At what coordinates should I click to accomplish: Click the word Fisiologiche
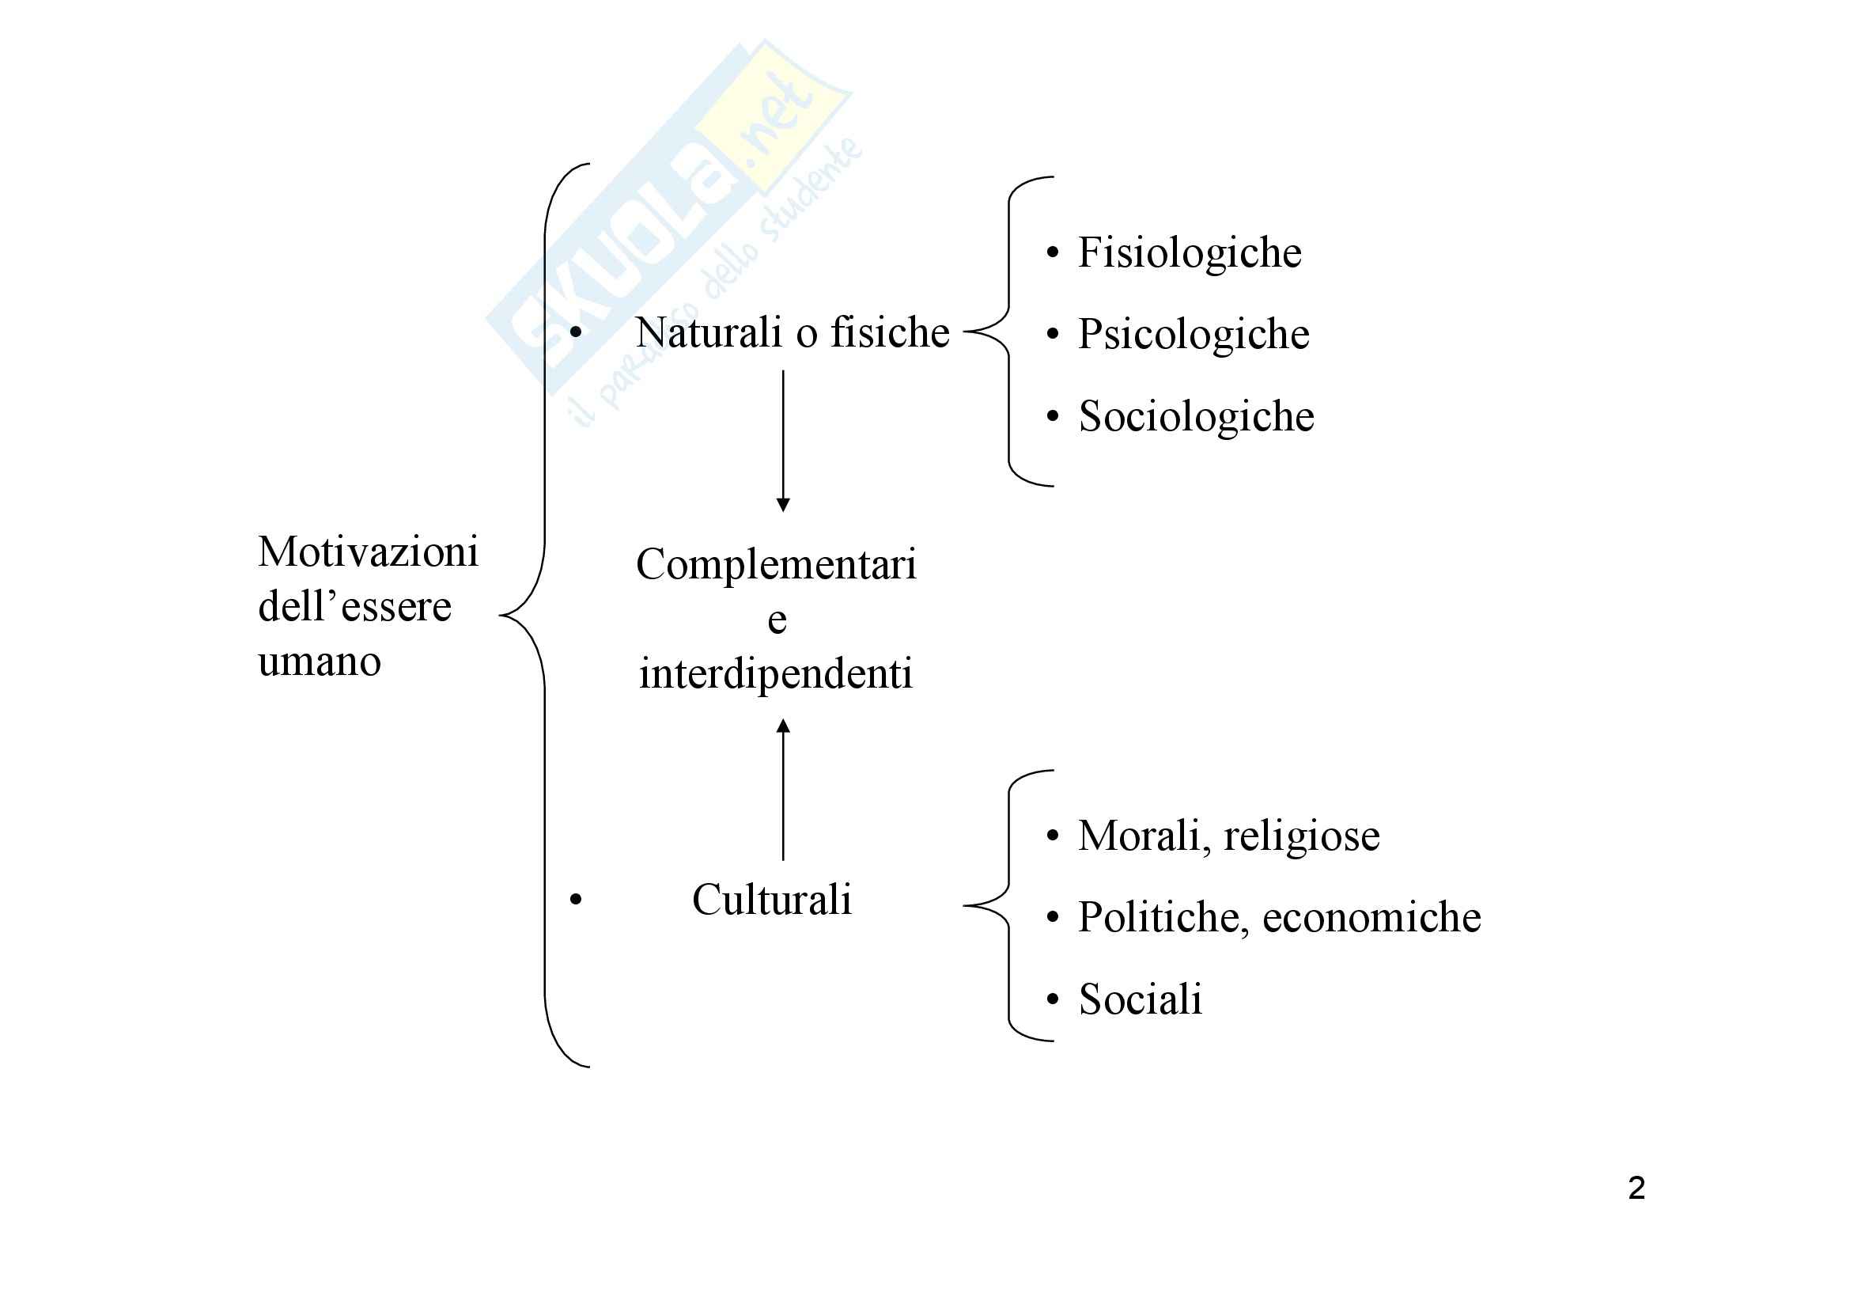point(1190,253)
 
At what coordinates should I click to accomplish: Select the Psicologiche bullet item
point(1194,336)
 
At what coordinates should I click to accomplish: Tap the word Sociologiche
point(1196,418)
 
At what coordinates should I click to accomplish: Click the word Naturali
point(709,332)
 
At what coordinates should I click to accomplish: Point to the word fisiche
point(891,332)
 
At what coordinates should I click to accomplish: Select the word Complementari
point(776,565)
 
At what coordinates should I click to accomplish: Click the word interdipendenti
point(776,673)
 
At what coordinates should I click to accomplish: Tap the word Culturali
point(771,900)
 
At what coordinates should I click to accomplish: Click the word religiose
point(1301,836)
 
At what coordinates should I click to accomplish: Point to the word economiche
point(1371,918)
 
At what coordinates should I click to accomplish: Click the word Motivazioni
point(369,553)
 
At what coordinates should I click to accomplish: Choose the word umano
point(319,662)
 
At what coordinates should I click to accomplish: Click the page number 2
point(1636,1188)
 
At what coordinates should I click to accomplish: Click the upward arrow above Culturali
point(783,790)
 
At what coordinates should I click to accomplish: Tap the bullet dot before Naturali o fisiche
point(575,332)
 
